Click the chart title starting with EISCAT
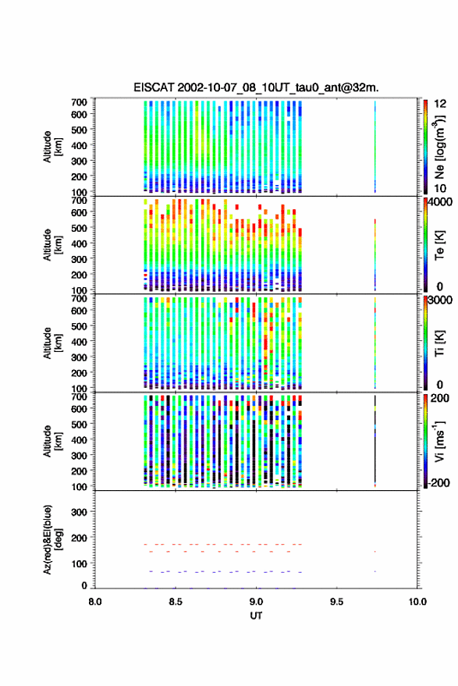pos(257,87)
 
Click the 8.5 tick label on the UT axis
pos(176,602)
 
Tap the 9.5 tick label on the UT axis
pos(337,602)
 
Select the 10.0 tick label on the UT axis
pos(417,602)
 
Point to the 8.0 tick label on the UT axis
pos(95,602)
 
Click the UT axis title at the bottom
pos(257,616)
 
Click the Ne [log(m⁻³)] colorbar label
pos(440,147)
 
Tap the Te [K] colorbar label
pos(439,245)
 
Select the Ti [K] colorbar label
pos(439,343)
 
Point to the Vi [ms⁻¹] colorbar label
pos(440,441)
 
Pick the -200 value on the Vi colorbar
pos(438,482)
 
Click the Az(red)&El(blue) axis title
pos(53,540)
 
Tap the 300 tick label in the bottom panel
pos(79,512)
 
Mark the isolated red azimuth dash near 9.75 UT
pos(375,552)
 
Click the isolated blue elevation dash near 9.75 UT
pos(375,571)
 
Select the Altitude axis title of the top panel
pos(53,147)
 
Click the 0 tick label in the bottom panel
pos(84,585)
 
